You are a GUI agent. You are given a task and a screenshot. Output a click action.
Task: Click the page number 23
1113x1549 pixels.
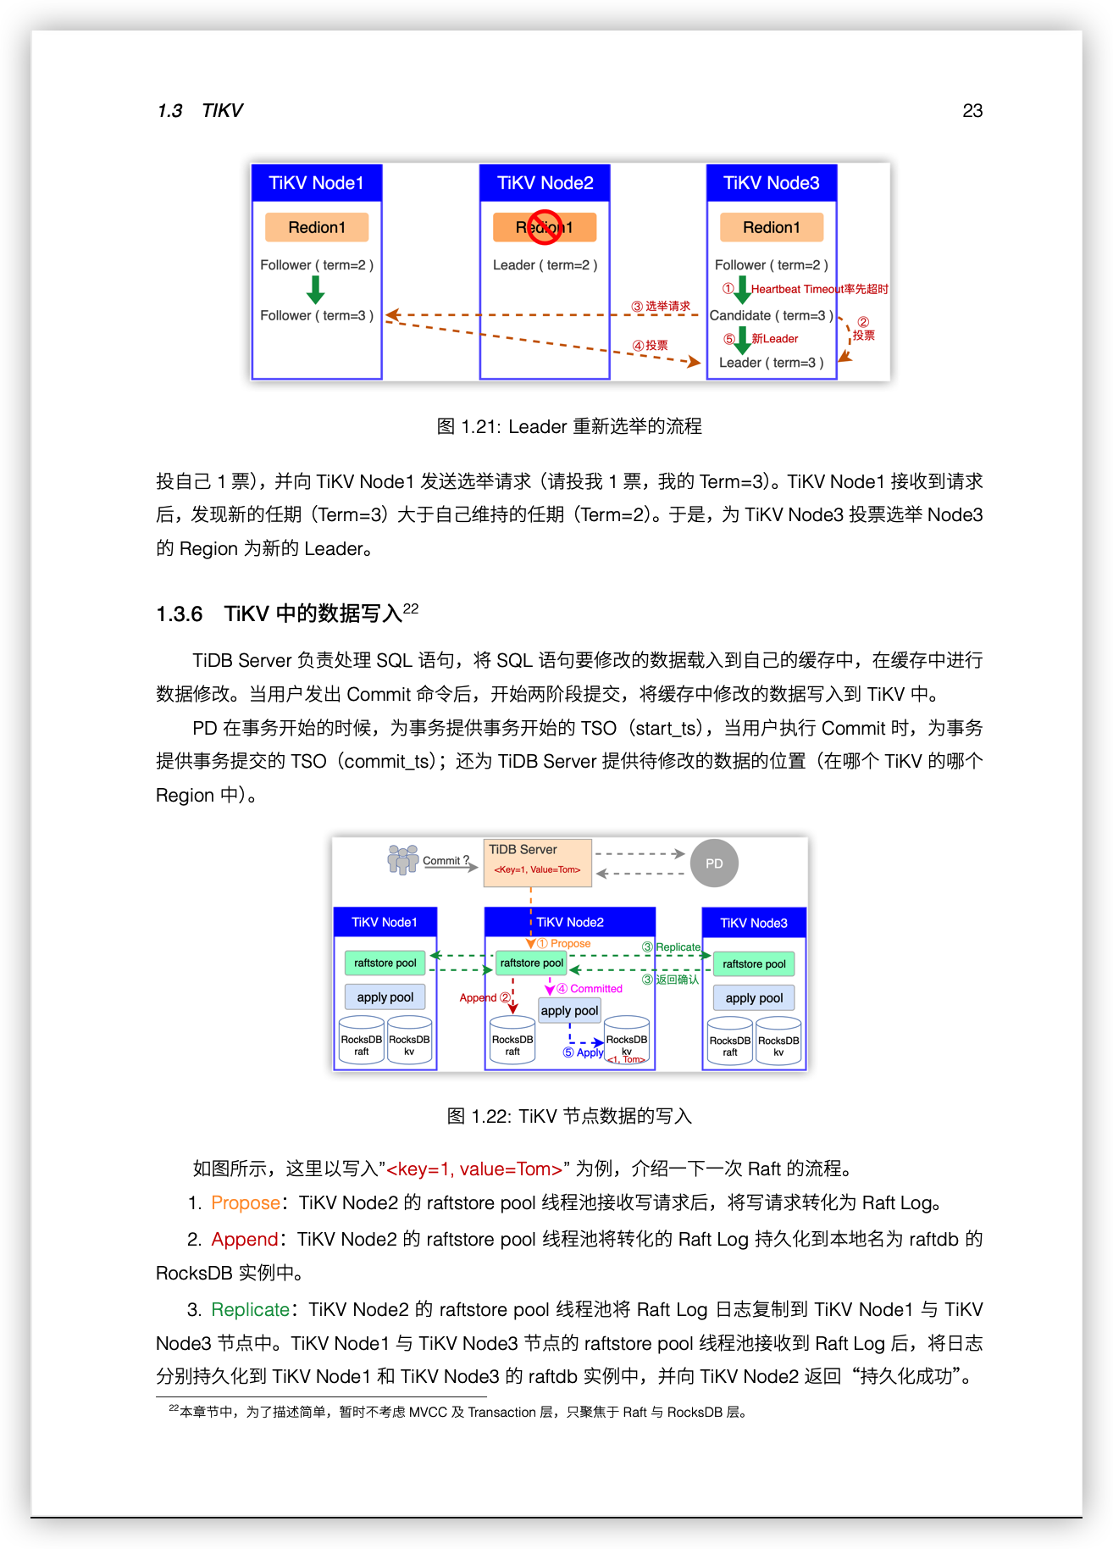click(972, 111)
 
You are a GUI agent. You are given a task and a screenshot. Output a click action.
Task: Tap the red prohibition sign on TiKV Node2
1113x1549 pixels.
click(545, 227)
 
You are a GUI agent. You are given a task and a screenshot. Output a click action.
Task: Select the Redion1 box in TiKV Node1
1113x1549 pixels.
click(317, 227)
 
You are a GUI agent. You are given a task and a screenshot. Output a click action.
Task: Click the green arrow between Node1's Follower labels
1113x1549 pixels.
click(316, 290)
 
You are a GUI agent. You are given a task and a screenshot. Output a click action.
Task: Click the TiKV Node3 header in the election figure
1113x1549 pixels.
click(771, 183)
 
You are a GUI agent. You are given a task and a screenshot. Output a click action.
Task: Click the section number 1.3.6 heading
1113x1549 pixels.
click(180, 614)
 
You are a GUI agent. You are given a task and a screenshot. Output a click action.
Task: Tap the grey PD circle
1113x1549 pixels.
click(714, 863)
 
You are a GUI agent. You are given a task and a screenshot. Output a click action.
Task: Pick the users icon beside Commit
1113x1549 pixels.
click(403, 858)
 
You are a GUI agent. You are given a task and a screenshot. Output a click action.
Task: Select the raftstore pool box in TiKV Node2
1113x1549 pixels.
click(531, 963)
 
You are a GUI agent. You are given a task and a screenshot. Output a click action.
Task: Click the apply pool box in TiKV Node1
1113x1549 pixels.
click(385, 997)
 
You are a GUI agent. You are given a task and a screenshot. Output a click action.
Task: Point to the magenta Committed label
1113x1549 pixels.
click(595, 989)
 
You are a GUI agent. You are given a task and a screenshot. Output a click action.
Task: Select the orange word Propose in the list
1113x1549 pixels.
click(246, 1203)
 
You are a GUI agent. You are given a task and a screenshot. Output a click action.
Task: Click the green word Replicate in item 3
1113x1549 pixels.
click(250, 1310)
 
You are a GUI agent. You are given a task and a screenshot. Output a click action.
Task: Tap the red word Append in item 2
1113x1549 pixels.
click(244, 1240)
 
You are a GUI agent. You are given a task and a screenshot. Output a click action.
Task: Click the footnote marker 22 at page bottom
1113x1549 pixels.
click(174, 1408)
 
